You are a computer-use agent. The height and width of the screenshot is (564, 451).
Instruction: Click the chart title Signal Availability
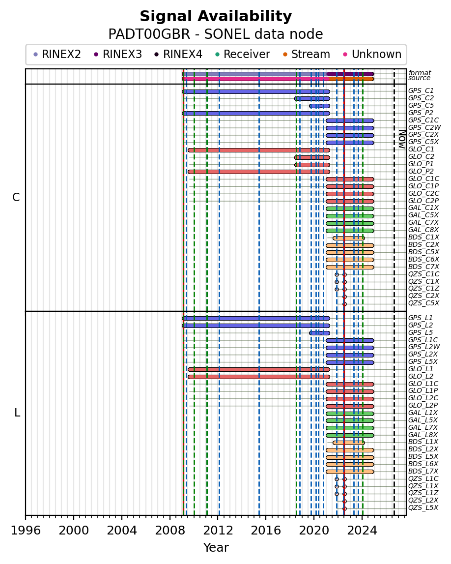coord(216,16)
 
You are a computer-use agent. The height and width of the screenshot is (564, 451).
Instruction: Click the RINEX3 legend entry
coord(118,54)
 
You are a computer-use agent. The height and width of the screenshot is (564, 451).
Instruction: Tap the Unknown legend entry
coord(373,54)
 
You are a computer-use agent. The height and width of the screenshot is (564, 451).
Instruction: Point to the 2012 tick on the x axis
coord(218,516)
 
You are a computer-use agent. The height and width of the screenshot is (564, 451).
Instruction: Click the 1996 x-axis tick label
coord(26,530)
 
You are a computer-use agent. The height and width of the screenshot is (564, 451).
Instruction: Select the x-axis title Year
coord(216,547)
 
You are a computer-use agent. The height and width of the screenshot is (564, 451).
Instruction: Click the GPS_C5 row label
coord(421,105)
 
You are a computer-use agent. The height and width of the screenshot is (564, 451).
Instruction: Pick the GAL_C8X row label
coord(423,230)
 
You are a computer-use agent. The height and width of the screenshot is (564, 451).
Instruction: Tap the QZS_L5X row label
coord(423,507)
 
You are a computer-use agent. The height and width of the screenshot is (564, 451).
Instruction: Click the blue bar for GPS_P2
coord(256,113)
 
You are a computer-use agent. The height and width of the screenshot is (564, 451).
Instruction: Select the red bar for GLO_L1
coord(259,369)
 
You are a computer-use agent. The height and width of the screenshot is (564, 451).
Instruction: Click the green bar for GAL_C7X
coord(350,223)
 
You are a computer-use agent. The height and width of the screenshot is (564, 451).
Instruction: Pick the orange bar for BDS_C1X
coord(349,238)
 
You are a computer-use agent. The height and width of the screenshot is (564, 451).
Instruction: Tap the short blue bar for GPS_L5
coord(319,333)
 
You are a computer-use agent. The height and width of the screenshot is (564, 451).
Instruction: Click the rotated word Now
coord(402,140)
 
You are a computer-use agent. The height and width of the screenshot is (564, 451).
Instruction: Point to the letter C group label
coord(16,198)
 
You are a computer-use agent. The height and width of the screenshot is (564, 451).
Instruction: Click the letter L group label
coord(17,413)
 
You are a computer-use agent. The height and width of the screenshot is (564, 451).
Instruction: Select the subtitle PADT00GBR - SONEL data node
coord(216,34)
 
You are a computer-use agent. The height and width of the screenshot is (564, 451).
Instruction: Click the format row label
coord(420,73)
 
